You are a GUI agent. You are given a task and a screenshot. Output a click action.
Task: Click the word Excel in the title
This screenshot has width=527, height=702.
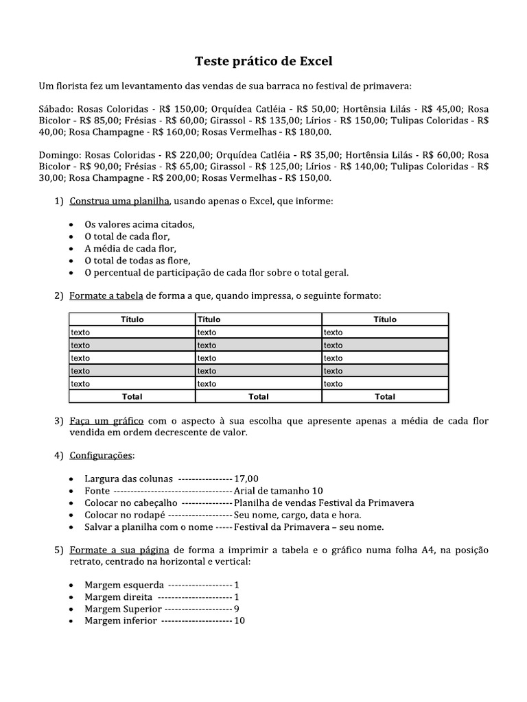[316, 61]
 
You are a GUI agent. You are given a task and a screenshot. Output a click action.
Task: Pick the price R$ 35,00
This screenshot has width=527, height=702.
[318, 155]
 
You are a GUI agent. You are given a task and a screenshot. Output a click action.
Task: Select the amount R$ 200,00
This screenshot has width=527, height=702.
[174, 178]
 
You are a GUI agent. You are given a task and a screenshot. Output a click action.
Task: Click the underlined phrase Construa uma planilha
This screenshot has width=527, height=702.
[120, 201]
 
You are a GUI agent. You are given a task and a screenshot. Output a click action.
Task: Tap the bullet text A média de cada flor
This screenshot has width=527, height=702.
[130, 248]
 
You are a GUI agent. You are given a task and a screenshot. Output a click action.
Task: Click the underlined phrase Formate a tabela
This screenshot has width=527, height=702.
[106, 295]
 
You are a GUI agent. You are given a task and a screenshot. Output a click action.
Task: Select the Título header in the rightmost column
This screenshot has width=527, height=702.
[385, 319]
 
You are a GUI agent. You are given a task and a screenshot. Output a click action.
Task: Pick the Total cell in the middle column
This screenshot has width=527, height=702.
[259, 396]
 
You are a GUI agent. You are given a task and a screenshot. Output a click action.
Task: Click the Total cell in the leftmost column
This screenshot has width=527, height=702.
[132, 396]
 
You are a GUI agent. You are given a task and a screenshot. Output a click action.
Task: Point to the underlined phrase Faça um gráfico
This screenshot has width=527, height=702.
[106, 421]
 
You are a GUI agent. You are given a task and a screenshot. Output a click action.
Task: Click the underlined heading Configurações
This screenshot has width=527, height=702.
[102, 456]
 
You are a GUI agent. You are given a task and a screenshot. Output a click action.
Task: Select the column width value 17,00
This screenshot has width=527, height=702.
[246, 479]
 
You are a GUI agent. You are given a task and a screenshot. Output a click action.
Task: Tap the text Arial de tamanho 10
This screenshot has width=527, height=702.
[279, 491]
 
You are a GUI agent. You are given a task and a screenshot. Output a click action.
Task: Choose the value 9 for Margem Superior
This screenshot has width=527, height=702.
[237, 609]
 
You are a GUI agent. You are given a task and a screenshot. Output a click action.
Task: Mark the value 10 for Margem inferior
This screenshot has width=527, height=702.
[239, 620]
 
